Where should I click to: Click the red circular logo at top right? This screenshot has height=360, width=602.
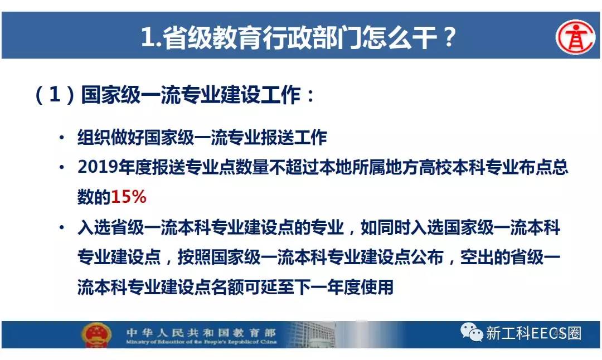pyautogui.click(x=575, y=37)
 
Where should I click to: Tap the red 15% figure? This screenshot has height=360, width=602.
pyautogui.click(x=129, y=197)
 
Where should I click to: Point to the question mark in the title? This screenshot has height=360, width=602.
pyautogui.click(x=448, y=37)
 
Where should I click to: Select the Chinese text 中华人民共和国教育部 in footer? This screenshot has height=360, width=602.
pyautogui.click(x=201, y=332)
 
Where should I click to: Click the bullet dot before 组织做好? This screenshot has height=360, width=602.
pyautogui.click(x=62, y=138)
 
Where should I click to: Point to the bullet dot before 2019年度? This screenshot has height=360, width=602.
pyautogui.click(x=62, y=168)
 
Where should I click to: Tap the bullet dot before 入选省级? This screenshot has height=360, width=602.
pyautogui.click(x=62, y=227)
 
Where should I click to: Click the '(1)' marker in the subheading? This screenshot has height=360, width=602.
pyautogui.click(x=55, y=94)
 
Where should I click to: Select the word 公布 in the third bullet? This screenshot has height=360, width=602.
pyautogui.click(x=427, y=257)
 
